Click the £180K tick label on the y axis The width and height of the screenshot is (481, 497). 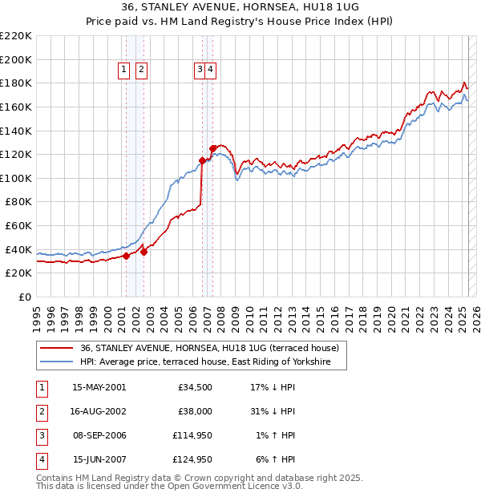[16, 83]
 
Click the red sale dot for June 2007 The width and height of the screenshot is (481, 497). [212, 148]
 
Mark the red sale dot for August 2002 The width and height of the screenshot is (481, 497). [144, 252]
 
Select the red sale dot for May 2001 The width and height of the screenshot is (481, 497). [127, 256]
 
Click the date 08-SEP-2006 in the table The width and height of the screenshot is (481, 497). [99, 435]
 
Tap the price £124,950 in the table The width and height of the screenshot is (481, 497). [192, 459]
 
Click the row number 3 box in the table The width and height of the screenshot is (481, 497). [41, 435]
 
